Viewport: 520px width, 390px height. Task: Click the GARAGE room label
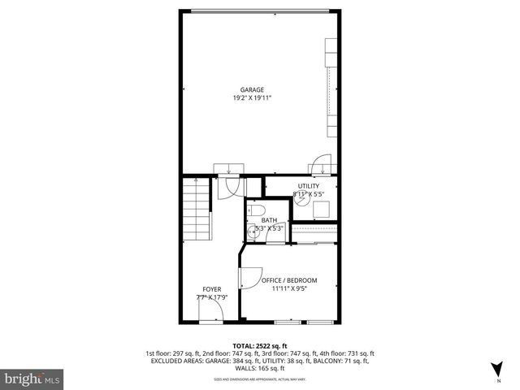pos(252,89)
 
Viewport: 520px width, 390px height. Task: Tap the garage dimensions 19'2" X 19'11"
pos(252,98)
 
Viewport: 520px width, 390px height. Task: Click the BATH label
pos(269,220)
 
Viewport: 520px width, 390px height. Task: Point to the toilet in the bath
pos(256,211)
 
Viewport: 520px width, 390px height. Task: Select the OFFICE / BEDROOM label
pos(289,280)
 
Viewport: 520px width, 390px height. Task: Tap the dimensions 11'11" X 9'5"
pos(289,288)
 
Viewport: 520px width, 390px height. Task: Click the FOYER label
pos(211,289)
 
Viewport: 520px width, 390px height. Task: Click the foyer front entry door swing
pos(210,314)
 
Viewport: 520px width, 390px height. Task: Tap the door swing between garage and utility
pos(322,164)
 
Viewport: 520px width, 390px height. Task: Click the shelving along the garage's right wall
pos(331,89)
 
